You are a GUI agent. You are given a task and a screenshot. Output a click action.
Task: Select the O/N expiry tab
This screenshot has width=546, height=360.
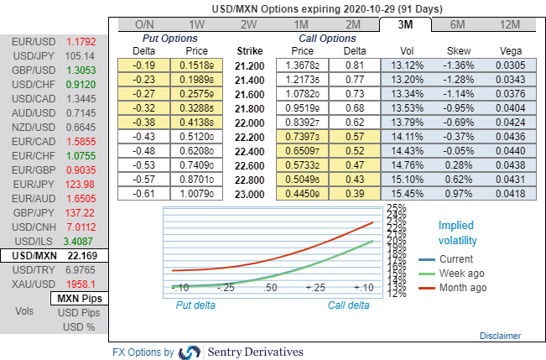(144, 24)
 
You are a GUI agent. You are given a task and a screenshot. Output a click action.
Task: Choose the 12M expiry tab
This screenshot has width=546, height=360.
(507, 24)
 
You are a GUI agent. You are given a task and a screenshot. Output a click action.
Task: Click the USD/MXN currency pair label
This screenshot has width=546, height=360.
(33, 255)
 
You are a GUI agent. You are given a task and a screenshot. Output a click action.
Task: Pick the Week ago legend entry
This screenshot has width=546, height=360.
(461, 273)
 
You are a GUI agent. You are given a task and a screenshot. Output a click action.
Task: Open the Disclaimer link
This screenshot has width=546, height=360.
(500, 336)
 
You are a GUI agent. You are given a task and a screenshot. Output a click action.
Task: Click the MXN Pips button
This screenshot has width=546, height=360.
(79, 298)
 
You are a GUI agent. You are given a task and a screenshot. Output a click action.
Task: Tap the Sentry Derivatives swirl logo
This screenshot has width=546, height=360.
(190, 352)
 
